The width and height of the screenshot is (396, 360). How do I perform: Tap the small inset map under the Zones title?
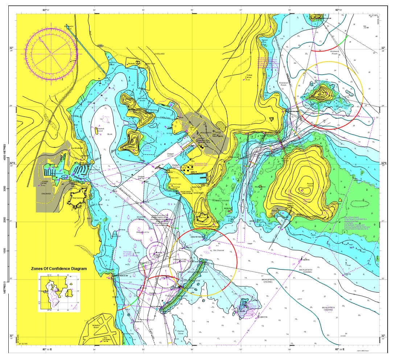[59, 292]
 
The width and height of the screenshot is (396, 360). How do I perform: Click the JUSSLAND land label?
[160, 54]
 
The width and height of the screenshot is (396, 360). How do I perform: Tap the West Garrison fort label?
[78, 198]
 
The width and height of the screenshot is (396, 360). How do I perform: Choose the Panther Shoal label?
[181, 332]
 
